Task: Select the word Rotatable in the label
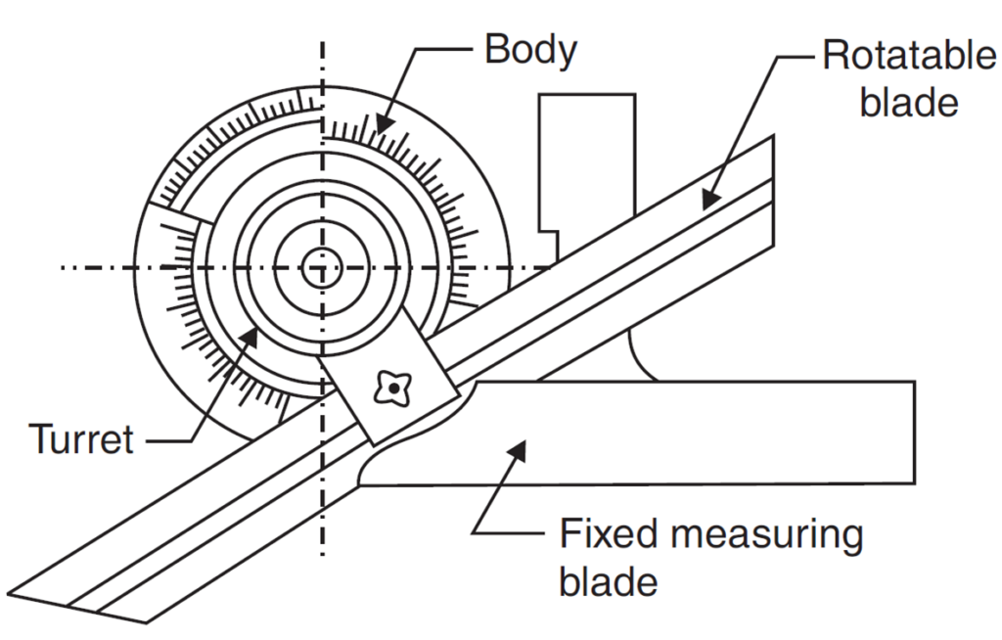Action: (909, 55)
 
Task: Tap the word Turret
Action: (80, 440)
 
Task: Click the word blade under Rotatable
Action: (909, 101)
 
